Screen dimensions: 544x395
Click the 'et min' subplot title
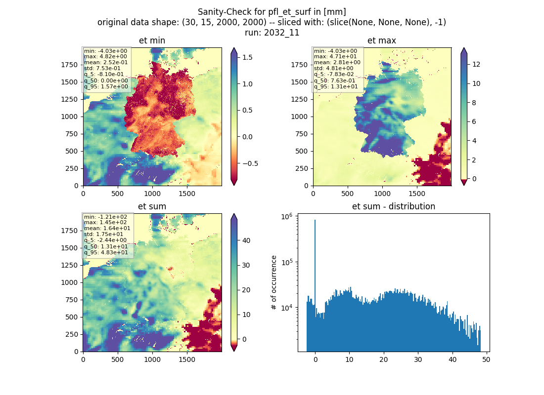click(152, 40)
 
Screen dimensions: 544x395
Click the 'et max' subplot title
click(382, 40)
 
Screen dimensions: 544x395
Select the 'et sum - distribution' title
click(394, 206)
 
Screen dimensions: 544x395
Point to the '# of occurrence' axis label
click(274, 283)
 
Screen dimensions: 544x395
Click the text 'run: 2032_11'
click(272, 33)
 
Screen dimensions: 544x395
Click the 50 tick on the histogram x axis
click(486, 359)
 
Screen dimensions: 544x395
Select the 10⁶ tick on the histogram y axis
click(286, 217)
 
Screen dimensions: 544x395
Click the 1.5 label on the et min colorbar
click(247, 57)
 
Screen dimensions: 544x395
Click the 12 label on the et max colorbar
click(476, 65)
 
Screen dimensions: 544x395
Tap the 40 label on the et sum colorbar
click(246, 240)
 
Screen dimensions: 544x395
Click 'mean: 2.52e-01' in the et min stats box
click(106, 62)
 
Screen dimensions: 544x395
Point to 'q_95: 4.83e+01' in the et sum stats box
click(106, 252)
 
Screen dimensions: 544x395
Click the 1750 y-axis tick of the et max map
click(299, 65)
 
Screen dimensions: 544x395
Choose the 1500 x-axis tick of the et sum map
click(186, 359)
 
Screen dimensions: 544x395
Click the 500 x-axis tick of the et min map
click(118, 194)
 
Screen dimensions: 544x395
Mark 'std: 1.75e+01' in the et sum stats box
click(104, 234)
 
